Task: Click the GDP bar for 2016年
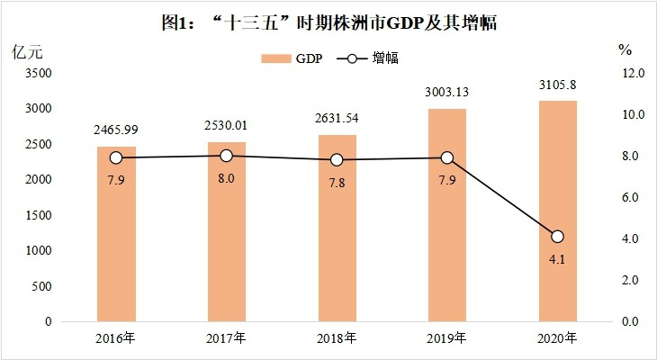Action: click(116, 234)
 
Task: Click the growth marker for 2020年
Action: click(557, 237)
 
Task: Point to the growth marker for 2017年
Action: click(227, 156)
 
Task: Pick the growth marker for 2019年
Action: click(447, 157)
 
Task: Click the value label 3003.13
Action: click(447, 91)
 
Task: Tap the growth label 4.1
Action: click(557, 258)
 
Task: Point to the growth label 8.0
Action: click(227, 178)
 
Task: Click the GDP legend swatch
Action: click(275, 58)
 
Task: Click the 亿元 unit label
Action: click(27, 49)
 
